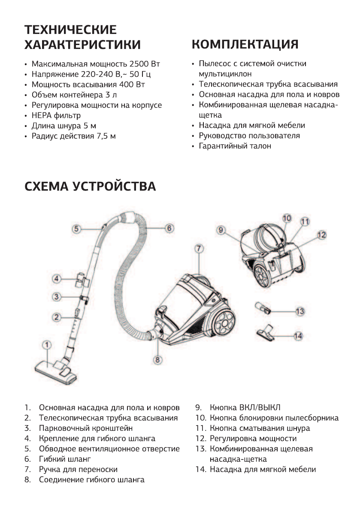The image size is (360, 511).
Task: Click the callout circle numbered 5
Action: click(76, 229)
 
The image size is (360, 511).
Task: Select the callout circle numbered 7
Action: click(198, 248)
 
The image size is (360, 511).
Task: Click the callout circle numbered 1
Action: click(47, 344)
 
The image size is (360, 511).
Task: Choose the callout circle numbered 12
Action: click(322, 235)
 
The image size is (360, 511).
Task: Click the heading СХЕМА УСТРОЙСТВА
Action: click(90, 187)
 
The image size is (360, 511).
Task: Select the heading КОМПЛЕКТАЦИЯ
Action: click(245, 44)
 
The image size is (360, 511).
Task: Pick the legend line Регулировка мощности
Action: click(253, 438)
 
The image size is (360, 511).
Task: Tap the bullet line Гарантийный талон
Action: click(235, 146)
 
